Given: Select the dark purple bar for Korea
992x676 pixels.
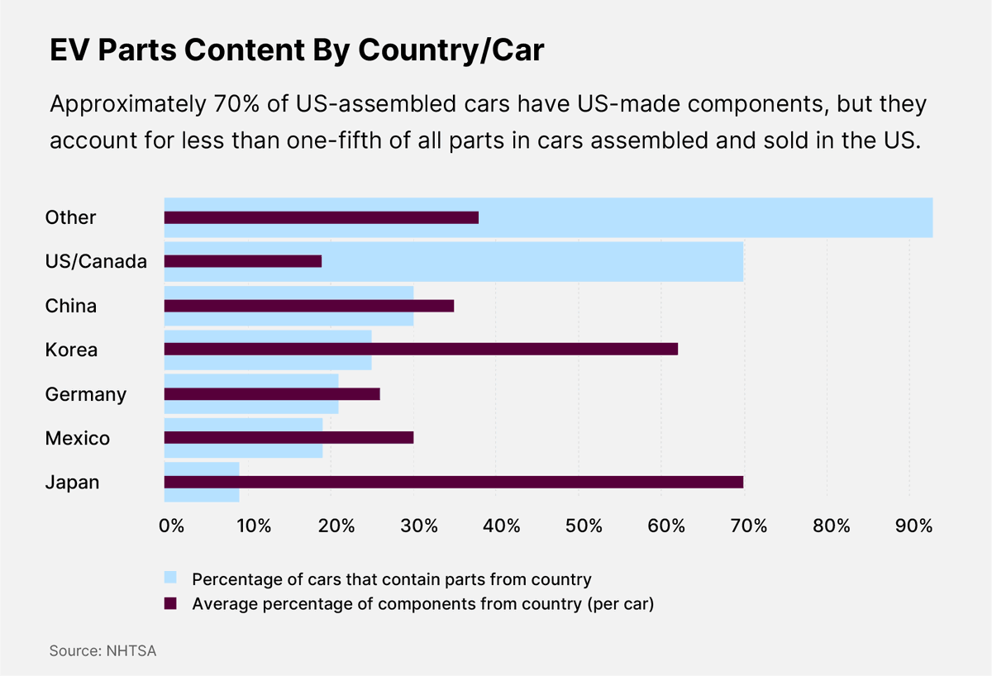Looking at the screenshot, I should coord(421,349).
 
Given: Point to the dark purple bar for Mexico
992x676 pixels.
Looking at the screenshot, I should coord(289,437).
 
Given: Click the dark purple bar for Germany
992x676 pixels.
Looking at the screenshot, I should coord(272,393).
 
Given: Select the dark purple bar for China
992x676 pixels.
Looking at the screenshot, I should coord(309,305).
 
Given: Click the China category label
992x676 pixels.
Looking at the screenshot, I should coord(71,306).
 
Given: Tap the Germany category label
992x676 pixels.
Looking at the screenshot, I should coord(86,394).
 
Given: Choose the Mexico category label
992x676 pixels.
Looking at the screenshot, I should coord(78,438).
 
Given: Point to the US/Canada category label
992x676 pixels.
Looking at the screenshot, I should coord(96,262).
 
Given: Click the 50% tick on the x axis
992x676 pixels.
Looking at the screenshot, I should coord(584,526).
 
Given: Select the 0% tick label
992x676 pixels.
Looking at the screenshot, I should coord(170,526).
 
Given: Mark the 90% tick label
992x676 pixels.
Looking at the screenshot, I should coord(914,526).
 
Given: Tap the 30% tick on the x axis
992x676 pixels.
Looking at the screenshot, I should coord(418,526).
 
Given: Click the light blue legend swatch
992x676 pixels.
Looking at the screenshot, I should coord(170,578).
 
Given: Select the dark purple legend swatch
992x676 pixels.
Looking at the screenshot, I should coord(170,603).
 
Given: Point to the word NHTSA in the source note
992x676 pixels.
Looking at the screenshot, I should coord(131,651).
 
